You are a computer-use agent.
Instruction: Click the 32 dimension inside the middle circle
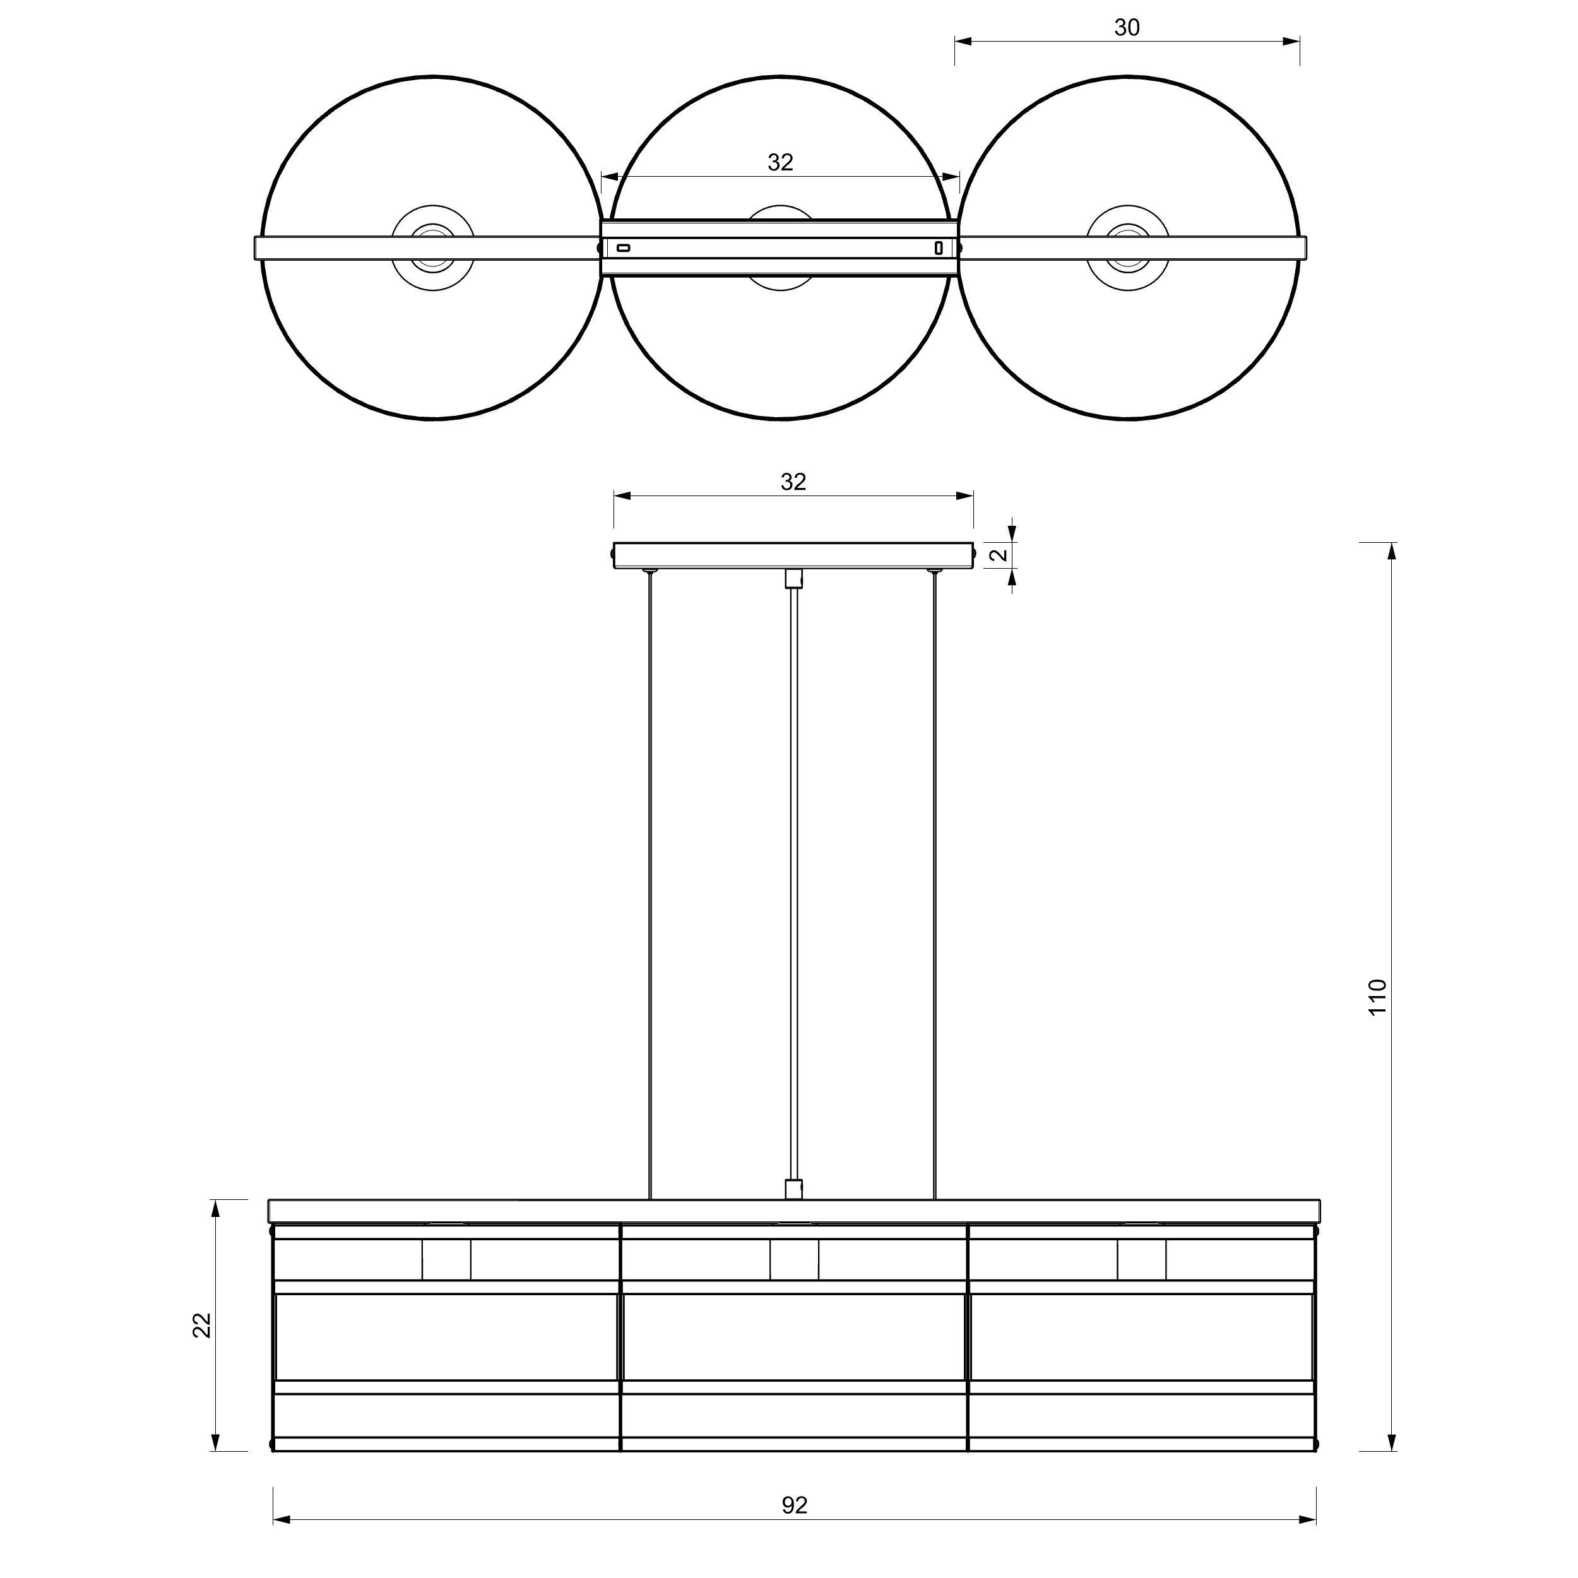780,163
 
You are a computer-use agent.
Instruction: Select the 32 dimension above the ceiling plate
793,482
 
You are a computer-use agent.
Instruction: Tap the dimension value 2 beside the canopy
998,555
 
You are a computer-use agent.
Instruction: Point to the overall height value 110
1378,997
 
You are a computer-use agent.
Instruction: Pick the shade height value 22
202,1325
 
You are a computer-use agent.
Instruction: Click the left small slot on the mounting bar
623,247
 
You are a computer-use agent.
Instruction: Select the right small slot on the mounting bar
939,247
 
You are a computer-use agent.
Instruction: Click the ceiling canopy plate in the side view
793,555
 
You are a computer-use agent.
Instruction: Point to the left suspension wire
650,882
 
